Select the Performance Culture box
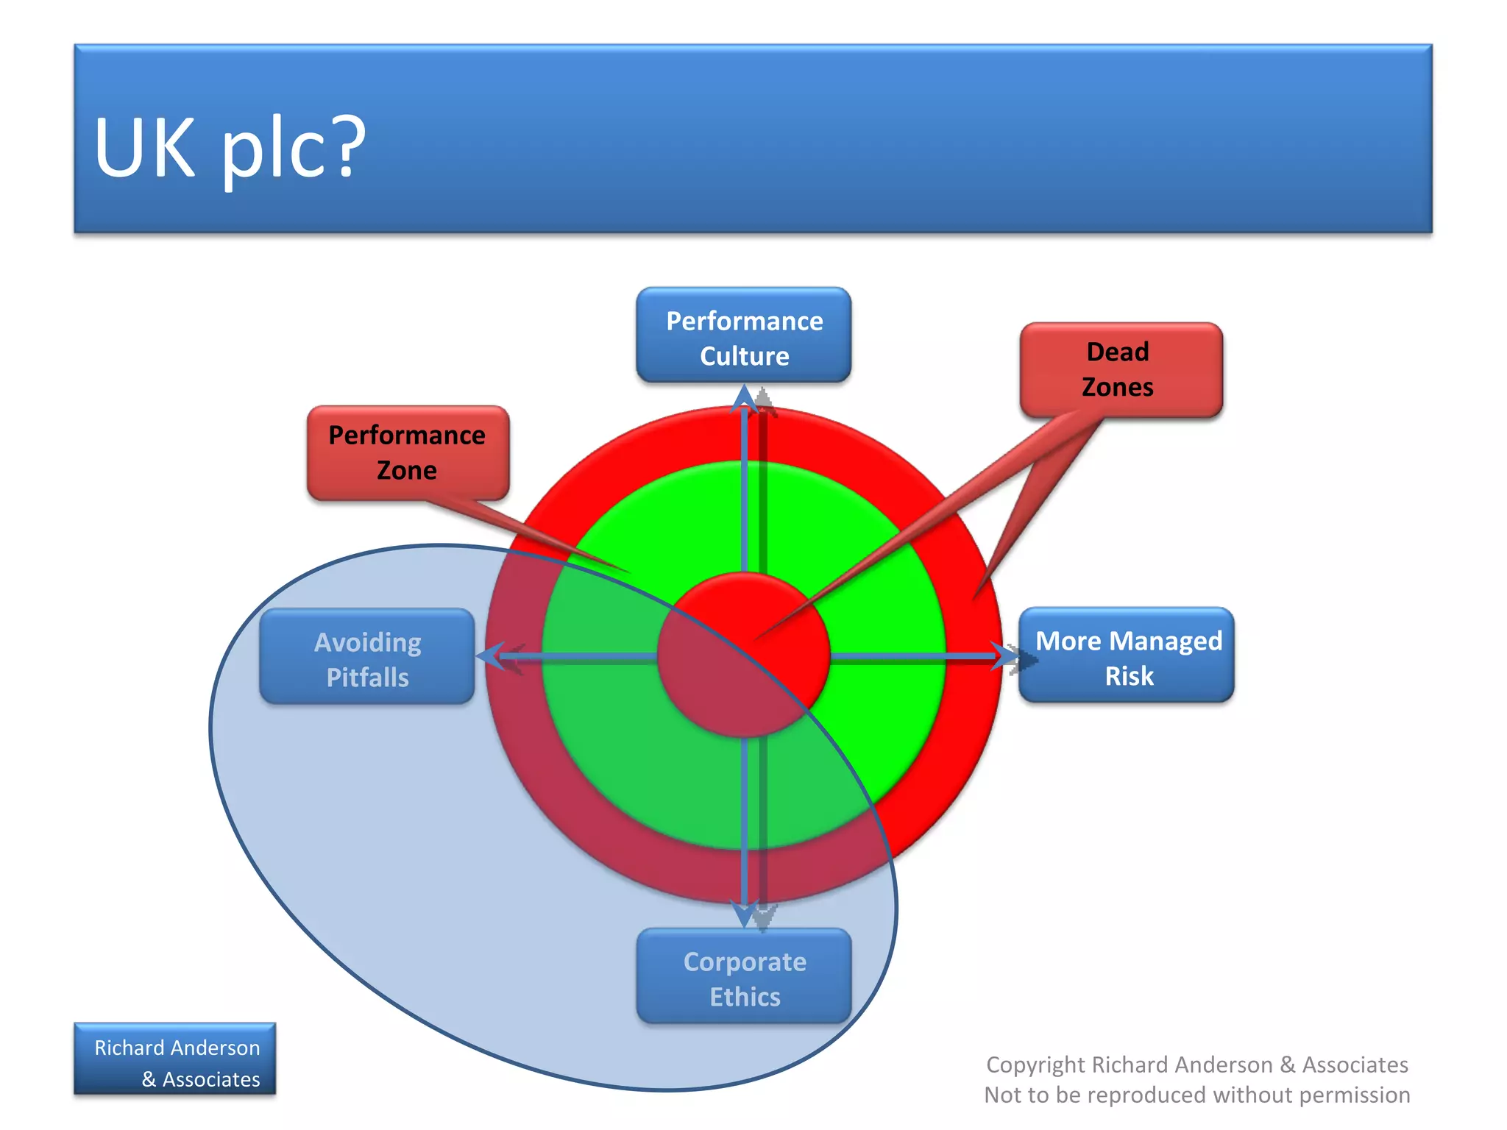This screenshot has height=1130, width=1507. coord(743,335)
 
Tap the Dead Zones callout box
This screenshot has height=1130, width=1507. coord(1121,369)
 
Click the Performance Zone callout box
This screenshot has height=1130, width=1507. coord(408,452)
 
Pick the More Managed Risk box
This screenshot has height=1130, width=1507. coord(1127,655)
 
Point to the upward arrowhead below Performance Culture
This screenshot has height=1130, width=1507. coord(745,399)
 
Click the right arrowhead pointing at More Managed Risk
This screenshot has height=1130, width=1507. coord(1005,655)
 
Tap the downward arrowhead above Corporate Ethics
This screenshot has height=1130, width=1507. coord(745,914)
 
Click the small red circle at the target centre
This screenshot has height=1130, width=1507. coord(744,655)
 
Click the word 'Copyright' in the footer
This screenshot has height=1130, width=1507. coord(1035,1065)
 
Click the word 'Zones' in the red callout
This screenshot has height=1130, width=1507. coord(1117,387)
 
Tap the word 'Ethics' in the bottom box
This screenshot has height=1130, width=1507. coord(745,997)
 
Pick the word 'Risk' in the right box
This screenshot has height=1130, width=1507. coord(1129,675)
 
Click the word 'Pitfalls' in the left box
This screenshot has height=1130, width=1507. coord(367,677)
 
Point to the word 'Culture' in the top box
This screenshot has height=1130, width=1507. coord(744,356)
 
